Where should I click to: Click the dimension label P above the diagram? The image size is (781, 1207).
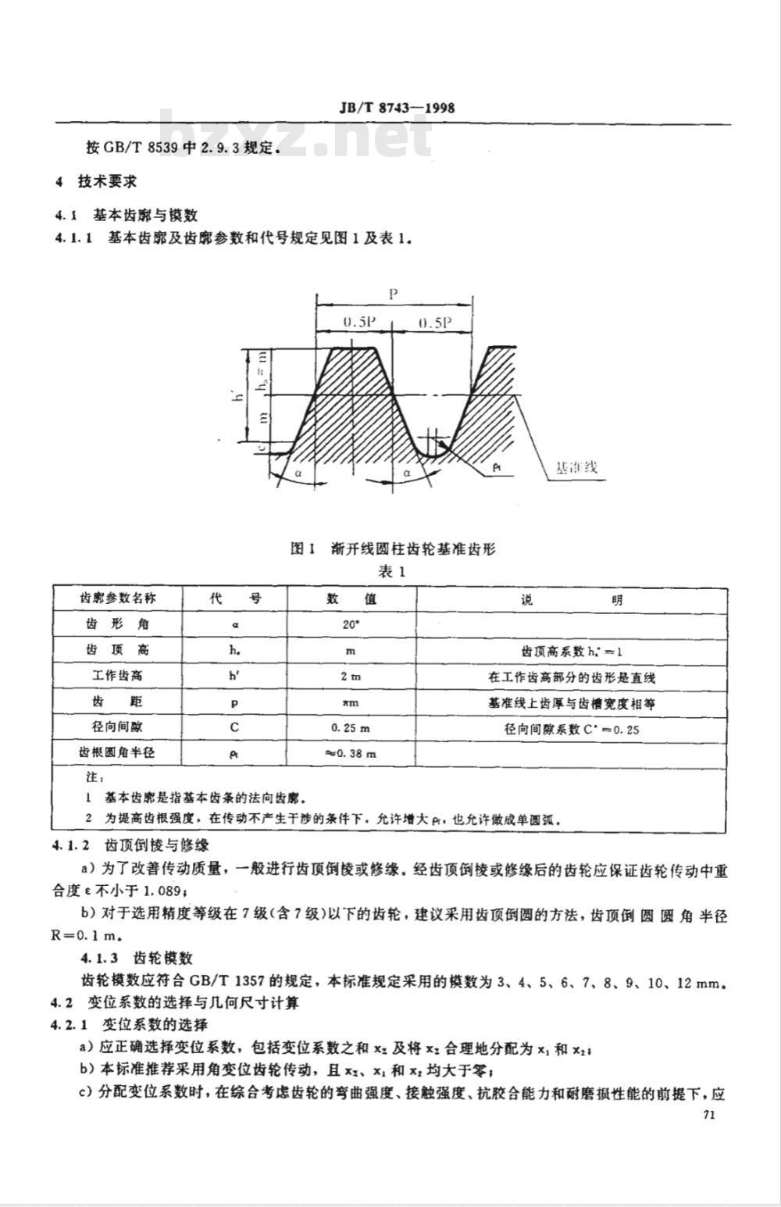tap(394, 294)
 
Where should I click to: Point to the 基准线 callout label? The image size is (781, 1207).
tap(576, 468)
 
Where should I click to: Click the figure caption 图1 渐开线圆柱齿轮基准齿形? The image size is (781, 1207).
tap(392, 549)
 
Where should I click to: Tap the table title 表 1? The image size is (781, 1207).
tap(393, 571)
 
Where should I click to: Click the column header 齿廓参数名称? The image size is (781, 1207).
tap(117, 599)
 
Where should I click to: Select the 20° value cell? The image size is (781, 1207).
tap(351, 624)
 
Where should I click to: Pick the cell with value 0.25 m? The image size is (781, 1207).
tap(351, 728)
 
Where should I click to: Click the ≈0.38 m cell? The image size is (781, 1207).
tap(351, 754)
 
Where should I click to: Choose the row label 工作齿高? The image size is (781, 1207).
tap(117, 677)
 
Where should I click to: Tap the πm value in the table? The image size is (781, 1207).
tap(351, 702)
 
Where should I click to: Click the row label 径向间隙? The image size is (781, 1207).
tap(117, 728)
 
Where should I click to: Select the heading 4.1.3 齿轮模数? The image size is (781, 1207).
tap(136, 958)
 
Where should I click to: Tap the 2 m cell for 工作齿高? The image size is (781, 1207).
tap(351, 677)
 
